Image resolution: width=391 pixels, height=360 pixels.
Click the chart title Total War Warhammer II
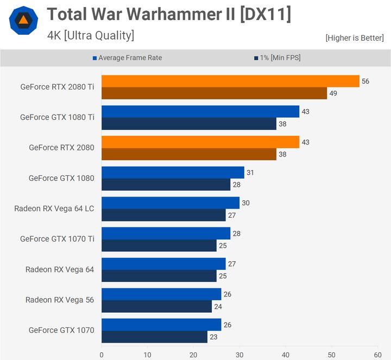(x=168, y=15)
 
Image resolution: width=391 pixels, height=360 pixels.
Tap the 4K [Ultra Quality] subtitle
(x=90, y=36)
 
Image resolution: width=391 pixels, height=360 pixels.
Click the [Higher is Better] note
(x=354, y=38)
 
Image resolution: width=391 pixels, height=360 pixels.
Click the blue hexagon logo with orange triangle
(x=23, y=21)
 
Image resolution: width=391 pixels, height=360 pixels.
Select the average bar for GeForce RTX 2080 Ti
(x=230, y=81)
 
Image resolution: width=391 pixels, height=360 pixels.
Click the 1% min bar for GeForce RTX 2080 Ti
(x=214, y=93)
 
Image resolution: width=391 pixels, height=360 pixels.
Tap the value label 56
(x=365, y=81)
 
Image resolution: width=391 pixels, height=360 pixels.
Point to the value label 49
(x=333, y=93)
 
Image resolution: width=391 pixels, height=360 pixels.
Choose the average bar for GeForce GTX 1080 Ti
(x=200, y=112)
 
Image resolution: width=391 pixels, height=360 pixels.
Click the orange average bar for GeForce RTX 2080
(x=200, y=142)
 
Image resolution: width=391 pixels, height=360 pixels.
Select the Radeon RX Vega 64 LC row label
(x=54, y=209)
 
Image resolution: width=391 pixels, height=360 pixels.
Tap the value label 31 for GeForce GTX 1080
(x=250, y=173)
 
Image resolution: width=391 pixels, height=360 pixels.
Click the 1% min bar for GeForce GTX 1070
(x=154, y=337)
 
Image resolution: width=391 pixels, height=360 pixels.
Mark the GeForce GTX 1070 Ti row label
(x=57, y=239)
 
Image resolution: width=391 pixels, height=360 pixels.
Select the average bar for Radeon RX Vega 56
(x=161, y=294)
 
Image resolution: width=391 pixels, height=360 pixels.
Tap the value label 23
(x=213, y=337)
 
